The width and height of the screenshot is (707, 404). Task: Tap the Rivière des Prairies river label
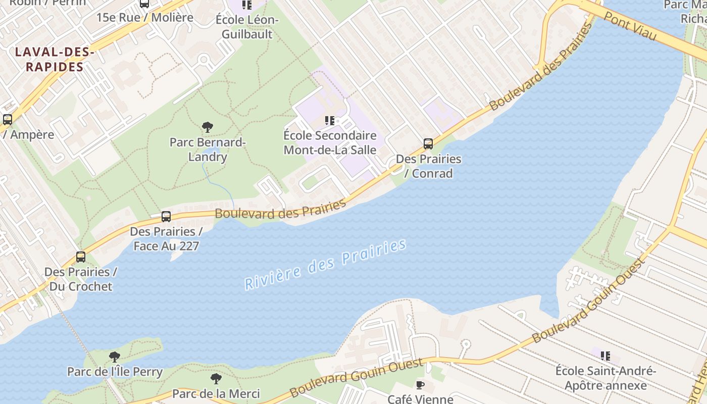coord(325,265)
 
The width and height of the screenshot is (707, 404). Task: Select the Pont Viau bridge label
coord(630,27)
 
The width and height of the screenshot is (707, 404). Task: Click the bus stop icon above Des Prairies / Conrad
coord(428,144)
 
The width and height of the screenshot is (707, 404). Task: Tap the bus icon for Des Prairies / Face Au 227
coord(166,217)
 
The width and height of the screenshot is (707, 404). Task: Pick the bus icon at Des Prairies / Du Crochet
coord(81,257)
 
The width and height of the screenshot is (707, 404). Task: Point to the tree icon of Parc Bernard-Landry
coord(207,127)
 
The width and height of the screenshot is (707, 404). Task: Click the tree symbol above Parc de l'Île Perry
coord(115,357)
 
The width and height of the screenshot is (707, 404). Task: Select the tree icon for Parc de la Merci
coord(216,378)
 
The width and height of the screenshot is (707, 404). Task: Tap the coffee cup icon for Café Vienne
coord(420,385)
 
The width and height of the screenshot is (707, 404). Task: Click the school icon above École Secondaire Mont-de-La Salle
coord(330,120)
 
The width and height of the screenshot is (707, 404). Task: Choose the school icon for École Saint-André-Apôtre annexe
coord(605,356)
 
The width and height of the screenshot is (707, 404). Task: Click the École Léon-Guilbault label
coord(247,27)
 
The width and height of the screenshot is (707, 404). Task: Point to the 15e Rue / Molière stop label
coord(145,17)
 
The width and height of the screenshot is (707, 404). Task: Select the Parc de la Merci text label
coord(216,393)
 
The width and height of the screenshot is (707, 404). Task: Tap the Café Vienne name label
coord(420,399)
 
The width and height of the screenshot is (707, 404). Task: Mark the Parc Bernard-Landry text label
coord(208,149)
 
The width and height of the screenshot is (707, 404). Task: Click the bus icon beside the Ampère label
coord(8,120)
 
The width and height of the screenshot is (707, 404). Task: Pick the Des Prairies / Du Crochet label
coord(81,279)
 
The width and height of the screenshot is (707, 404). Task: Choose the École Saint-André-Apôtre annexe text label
coord(605,378)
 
